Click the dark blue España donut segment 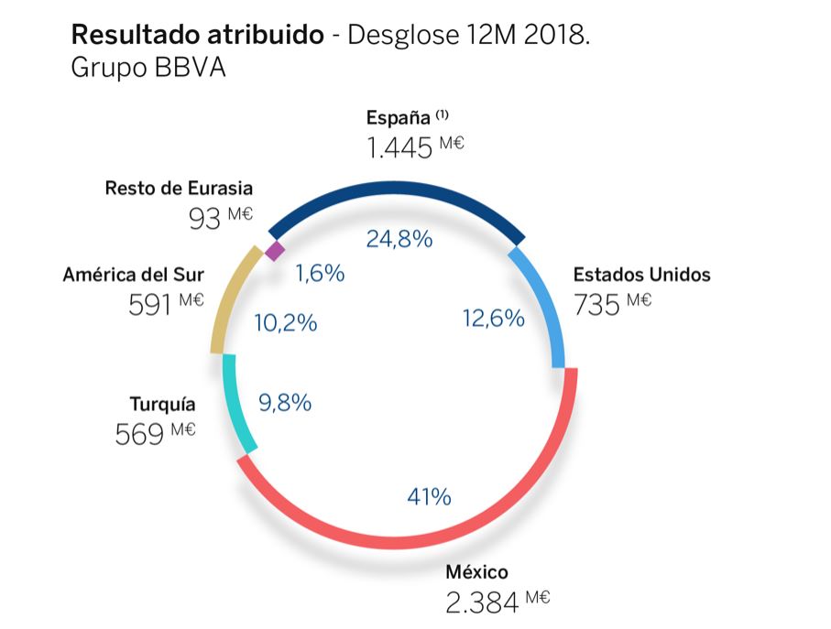[x=394, y=189]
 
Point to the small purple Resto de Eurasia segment [x=274, y=249]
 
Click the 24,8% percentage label [x=399, y=239]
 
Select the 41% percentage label [x=429, y=496]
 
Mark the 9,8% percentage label [x=285, y=402]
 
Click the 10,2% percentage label [x=285, y=322]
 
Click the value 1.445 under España [x=399, y=146]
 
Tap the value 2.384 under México [x=481, y=602]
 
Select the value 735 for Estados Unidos [x=597, y=304]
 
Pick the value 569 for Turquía [x=140, y=434]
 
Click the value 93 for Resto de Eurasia [x=203, y=220]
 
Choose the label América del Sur [x=134, y=274]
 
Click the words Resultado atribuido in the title [x=197, y=36]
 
